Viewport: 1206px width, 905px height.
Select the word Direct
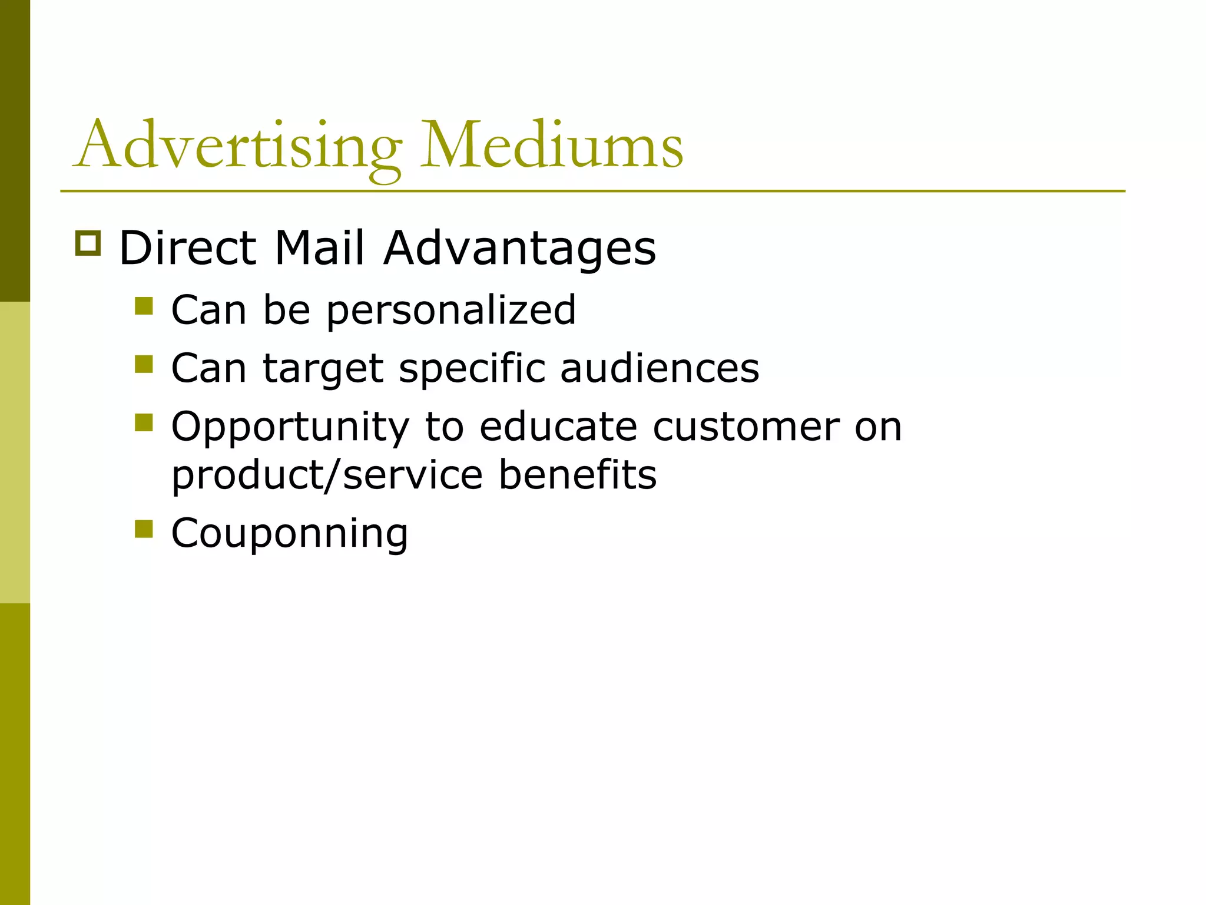coord(188,248)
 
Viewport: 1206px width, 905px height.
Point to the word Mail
coord(319,248)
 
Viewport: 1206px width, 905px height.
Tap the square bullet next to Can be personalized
coord(144,306)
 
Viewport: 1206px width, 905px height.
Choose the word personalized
coord(450,311)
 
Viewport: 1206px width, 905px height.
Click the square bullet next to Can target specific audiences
coord(144,364)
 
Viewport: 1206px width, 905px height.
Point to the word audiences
coord(660,368)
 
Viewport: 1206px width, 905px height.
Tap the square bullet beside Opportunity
coord(144,422)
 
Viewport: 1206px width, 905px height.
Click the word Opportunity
coord(290,428)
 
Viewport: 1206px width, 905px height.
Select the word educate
coord(558,427)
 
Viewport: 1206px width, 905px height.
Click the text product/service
coord(327,475)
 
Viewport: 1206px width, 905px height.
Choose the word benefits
coord(578,475)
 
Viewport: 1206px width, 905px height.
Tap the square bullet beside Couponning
coord(144,529)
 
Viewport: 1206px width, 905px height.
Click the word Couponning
coord(290,534)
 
